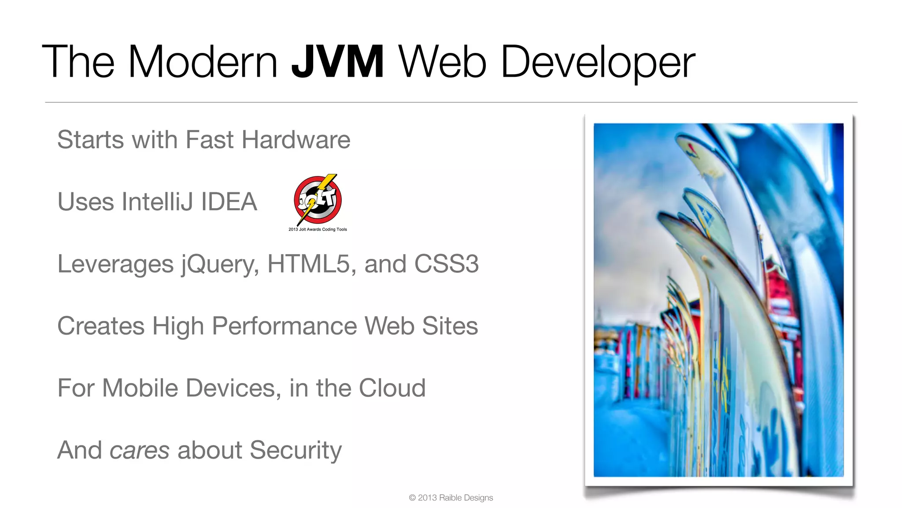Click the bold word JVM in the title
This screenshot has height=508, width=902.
(337, 62)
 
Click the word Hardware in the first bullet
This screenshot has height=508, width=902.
(296, 140)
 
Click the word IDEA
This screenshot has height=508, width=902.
(229, 202)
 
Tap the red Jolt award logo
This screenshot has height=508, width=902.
(318, 199)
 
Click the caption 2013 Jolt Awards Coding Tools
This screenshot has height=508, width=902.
(318, 229)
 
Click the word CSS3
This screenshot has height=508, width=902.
(446, 264)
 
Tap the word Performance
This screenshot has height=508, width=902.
(285, 326)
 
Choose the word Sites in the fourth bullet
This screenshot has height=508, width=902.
(450, 326)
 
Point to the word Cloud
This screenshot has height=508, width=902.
(392, 388)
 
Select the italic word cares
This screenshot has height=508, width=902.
(139, 451)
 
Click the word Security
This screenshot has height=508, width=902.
(296, 451)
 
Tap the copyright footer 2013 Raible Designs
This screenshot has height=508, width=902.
(451, 498)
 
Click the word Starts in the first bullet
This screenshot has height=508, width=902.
(91, 140)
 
